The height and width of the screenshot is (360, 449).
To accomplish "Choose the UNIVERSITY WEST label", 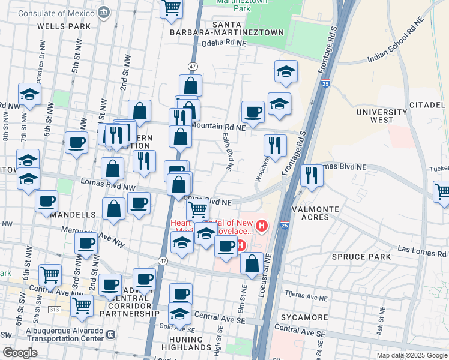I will point(381,116).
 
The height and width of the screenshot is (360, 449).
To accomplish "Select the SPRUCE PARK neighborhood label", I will point(361,257).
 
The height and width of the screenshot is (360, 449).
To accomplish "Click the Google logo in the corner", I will point(20,353).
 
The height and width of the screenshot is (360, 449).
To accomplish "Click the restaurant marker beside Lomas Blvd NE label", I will point(312,175).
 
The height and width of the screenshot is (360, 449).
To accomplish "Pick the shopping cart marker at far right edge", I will point(442,193).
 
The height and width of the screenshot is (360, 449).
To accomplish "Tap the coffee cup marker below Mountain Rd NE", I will point(253,111).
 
